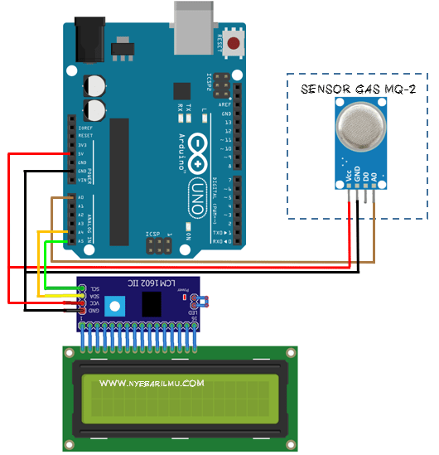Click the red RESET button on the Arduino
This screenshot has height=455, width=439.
pyautogui.click(x=235, y=43)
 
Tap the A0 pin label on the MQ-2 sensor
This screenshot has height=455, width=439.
pyautogui.click(x=375, y=177)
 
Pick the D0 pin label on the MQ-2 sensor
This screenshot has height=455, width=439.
pyautogui.click(x=366, y=177)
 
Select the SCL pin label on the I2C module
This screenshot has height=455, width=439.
pyautogui.click(x=94, y=288)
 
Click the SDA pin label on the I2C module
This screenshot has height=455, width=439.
pyautogui.click(x=94, y=296)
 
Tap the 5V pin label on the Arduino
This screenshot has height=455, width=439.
pyautogui.click(x=80, y=154)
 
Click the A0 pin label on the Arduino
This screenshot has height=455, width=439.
pyautogui.click(x=80, y=198)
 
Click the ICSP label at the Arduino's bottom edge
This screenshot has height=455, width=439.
pyautogui.click(x=152, y=235)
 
